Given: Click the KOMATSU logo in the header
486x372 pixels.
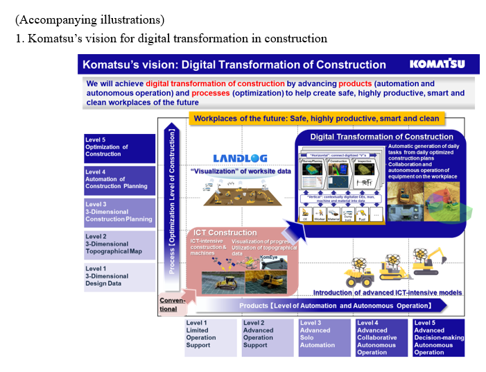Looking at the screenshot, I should click(x=437, y=65).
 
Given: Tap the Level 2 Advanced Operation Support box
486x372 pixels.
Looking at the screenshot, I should click(x=268, y=337).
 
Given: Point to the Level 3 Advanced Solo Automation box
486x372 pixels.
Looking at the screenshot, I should click(x=324, y=337).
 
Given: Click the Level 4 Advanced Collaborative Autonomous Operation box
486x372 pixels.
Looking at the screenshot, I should click(x=381, y=337).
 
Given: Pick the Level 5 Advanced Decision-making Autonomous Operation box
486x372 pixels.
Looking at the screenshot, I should click(x=438, y=337).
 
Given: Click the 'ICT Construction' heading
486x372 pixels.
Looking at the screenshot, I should click(x=225, y=232).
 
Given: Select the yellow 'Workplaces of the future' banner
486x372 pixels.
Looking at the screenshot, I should click(x=315, y=119).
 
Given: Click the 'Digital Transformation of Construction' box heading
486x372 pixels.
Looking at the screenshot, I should click(x=381, y=137).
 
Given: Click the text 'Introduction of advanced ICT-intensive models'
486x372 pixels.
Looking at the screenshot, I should click(x=387, y=293).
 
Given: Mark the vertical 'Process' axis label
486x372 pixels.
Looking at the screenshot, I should click(x=173, y=201).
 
